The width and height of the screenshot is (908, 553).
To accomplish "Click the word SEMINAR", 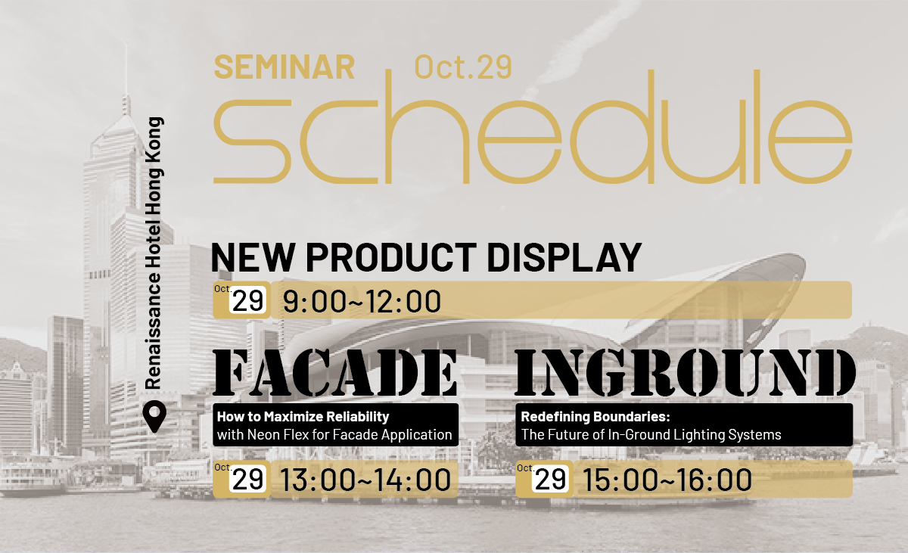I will click(x=285, y=67).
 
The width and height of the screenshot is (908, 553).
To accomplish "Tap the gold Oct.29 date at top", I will click(x=463, y=67).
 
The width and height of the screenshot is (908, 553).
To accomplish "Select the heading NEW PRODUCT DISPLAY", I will click(x=426, y=257).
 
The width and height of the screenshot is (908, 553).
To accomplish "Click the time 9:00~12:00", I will click(x=362, y=302).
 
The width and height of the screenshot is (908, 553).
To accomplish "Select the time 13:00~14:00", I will click(x=365, y=480).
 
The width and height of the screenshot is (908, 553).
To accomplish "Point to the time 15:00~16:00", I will click(x=667, y=480).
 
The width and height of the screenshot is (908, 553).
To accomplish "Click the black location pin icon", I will click(x=154, y=417).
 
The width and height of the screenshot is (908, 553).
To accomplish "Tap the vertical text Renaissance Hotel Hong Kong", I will click(x=154, y=253).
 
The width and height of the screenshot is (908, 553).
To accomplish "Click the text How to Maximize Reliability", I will click(x=303, y=416).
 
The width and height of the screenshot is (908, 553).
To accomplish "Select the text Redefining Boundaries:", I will click(x=595, y=416).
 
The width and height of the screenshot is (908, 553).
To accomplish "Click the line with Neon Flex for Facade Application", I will click(x=334, y=435).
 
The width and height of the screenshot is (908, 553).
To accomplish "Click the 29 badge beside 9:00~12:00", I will click(x=249, y=301).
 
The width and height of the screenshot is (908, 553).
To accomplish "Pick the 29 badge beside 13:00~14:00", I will click(x=249, y=480).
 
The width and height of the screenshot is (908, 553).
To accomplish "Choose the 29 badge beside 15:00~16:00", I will click(x=551, y=480).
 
